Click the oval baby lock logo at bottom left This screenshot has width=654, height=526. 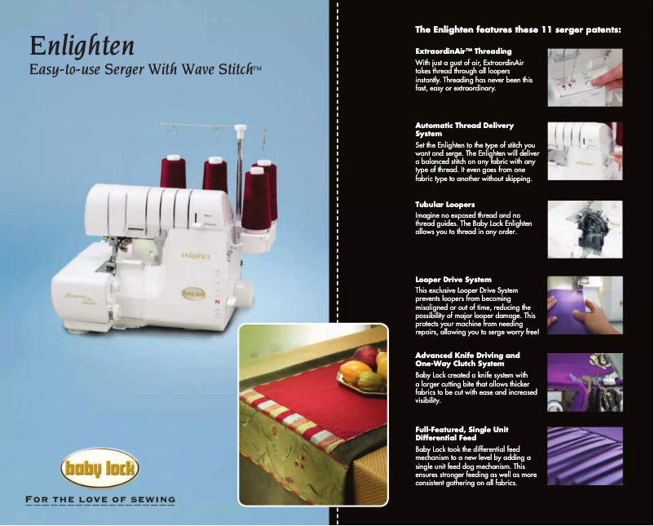tap(100, 471)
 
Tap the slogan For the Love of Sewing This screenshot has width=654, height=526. tap(100, 499)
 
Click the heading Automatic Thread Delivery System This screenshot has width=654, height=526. tap(465, 129)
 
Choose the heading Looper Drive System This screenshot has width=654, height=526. tap(453, 280)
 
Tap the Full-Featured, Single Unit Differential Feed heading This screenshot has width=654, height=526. tap(462, 432)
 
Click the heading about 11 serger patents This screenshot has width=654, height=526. tap(518, 30)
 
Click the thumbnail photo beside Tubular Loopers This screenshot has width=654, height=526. tap(585, 229)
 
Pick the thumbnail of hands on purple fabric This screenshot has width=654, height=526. tap(585, 305)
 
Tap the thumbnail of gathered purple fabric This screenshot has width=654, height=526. tap(585, 457)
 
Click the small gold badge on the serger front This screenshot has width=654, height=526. tap(192, 291)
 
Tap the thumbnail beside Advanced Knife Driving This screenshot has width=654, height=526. tap(585, 382)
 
